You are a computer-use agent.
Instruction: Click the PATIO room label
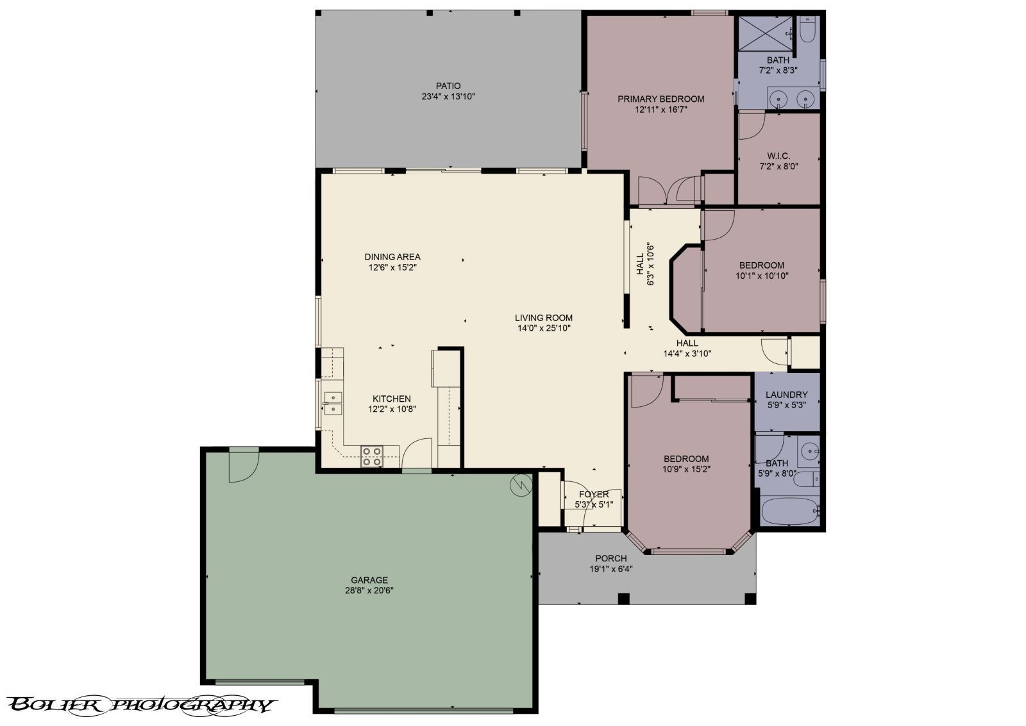pos(448,86)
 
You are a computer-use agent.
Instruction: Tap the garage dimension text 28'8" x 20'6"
pos(369,591)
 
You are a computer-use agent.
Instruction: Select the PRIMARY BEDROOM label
pos(661,99)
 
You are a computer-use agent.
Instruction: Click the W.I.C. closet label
pos(778,156)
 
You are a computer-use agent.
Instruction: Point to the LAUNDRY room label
pos(786,395)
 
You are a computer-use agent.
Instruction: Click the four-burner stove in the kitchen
pos(371,457)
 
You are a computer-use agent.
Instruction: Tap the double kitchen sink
pos(333,403)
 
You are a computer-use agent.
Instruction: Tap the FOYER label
pos(594,495)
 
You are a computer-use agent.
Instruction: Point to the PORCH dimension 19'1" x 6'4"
pos(611,570)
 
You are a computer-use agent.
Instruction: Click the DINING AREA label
pos(392,257)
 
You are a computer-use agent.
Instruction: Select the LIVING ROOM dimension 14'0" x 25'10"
pos(544,328)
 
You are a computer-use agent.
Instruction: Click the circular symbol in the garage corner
pos(521,485)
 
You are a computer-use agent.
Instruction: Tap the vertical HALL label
pos(641,264)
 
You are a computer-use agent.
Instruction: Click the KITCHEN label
pos(392,399)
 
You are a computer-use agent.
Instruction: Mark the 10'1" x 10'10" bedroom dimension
pos(762,276)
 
